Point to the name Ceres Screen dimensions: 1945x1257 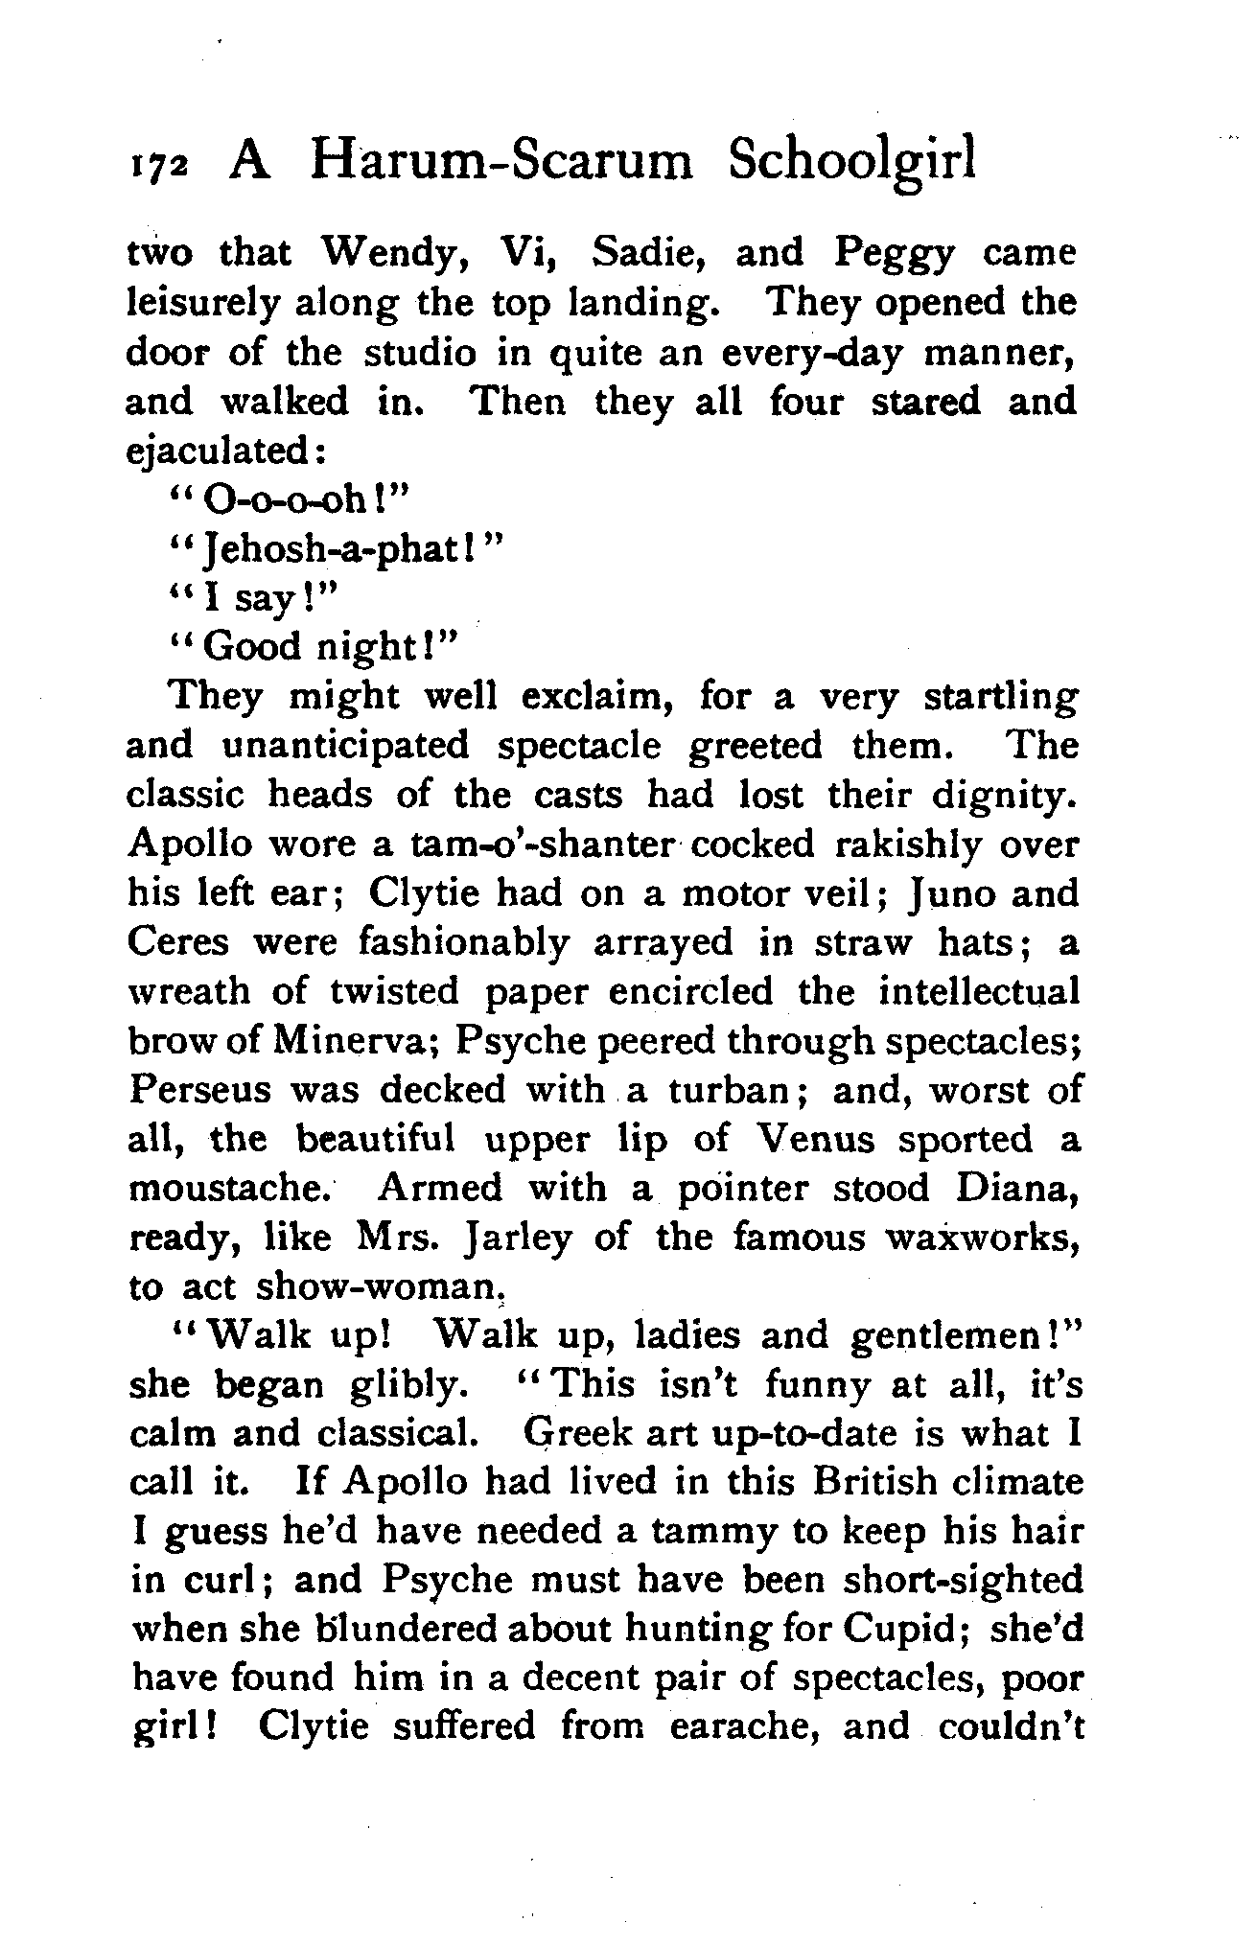point(178,942)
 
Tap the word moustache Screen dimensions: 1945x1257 point(231,1189)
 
